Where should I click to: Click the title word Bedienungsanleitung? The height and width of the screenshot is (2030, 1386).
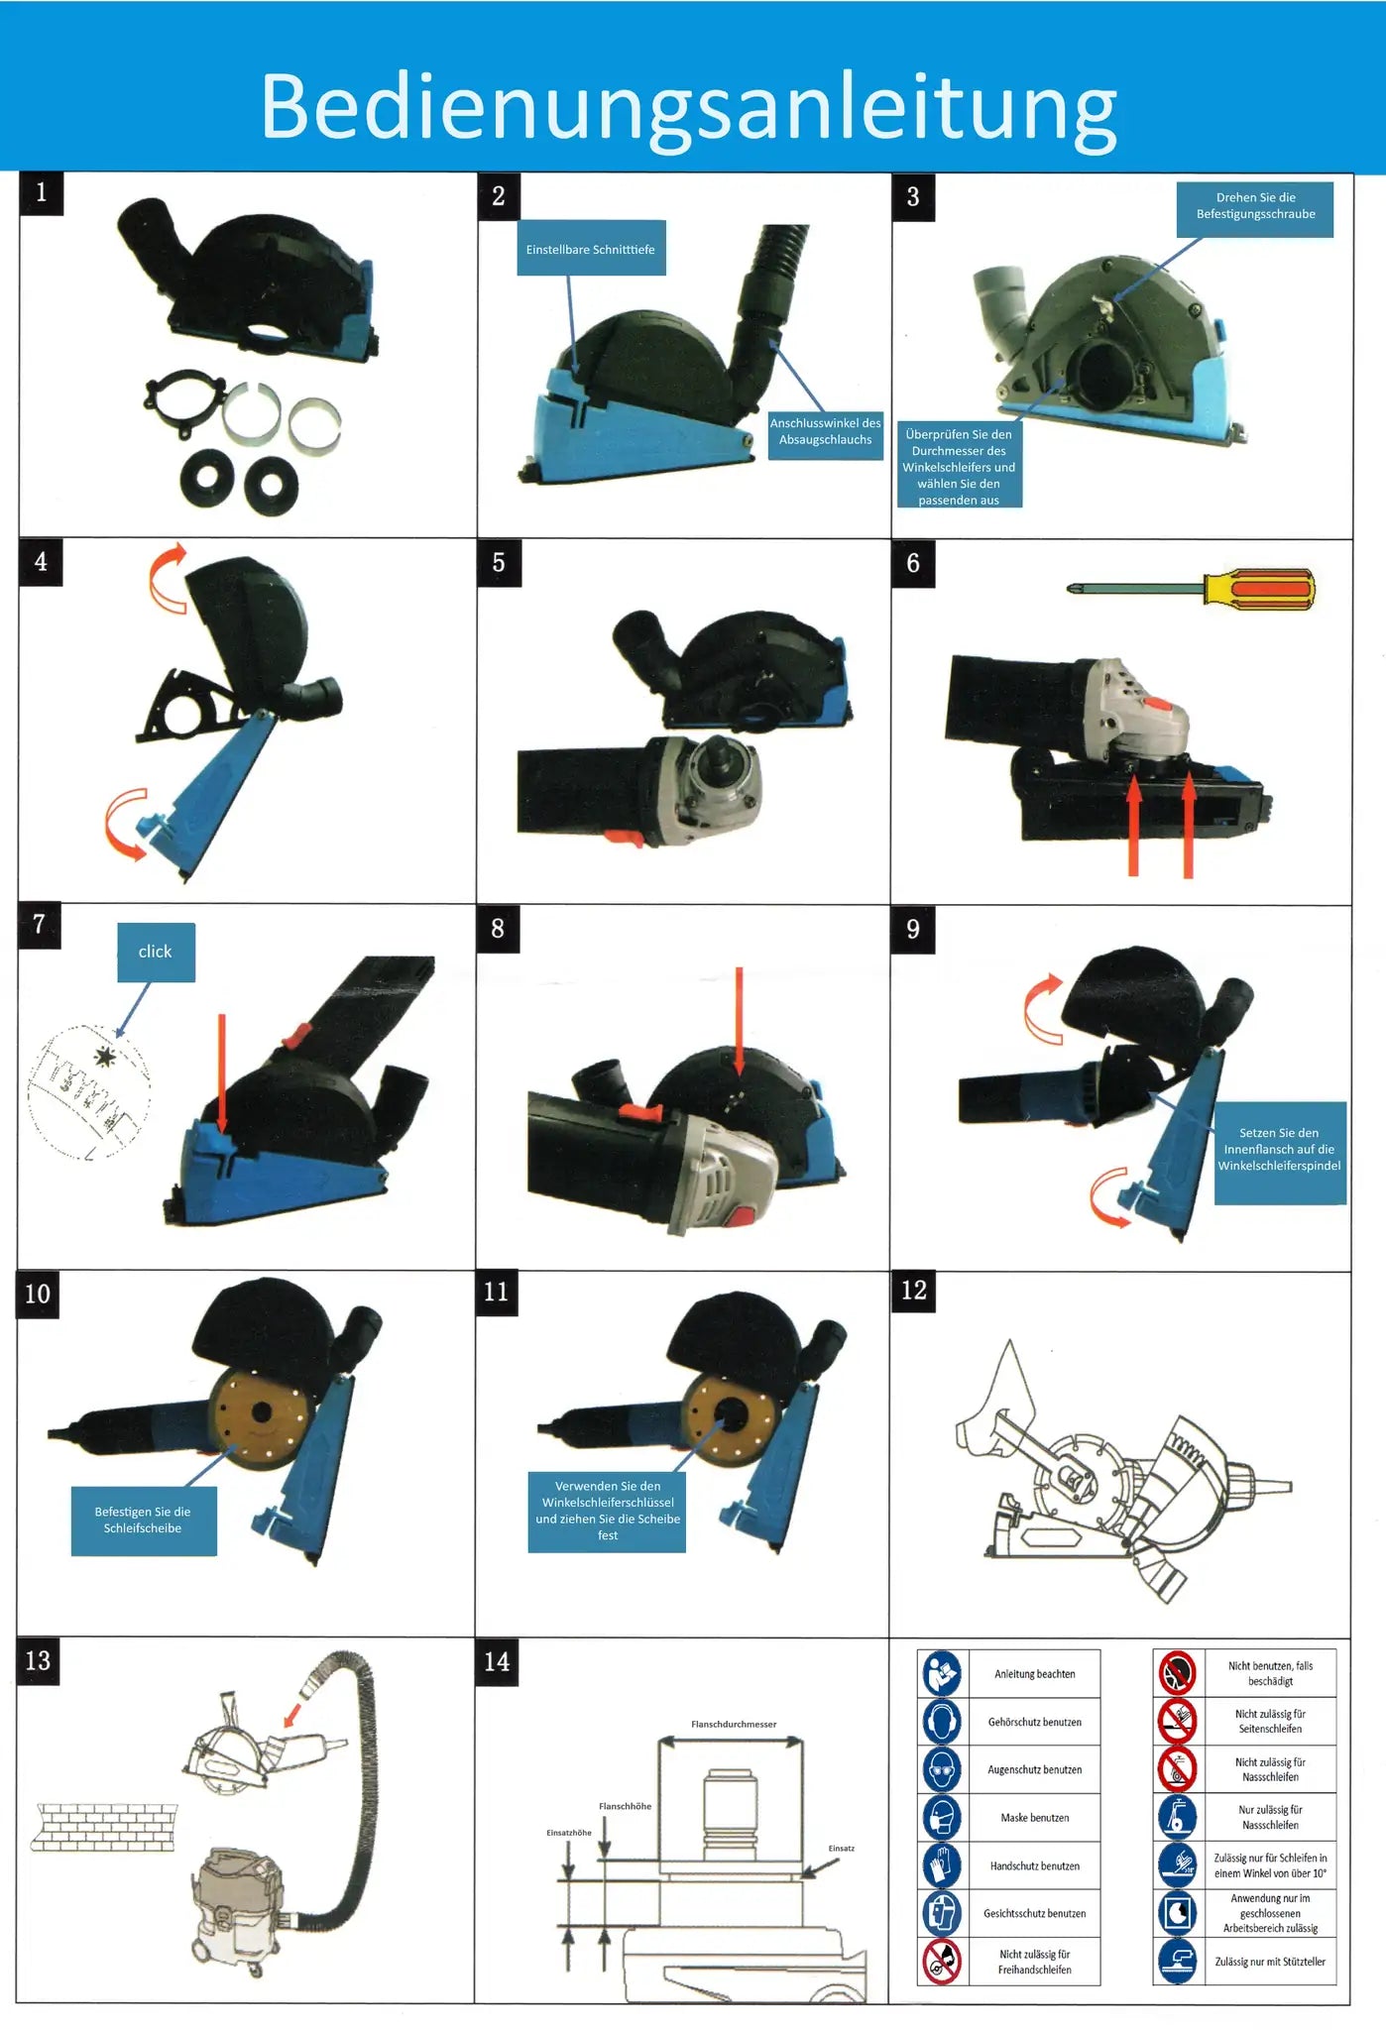click(x=688, y=106)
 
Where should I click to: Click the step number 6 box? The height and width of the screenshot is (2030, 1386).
click(x=912, y=563)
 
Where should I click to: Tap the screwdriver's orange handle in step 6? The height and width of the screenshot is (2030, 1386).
click(x=1259, y=588)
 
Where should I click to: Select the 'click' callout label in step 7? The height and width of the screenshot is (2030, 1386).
click(x=156, y=952)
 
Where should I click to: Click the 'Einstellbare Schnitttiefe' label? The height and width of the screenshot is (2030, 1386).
click(x=590, y=249)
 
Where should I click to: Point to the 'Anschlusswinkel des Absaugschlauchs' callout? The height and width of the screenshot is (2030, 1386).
click(x=825, y=431)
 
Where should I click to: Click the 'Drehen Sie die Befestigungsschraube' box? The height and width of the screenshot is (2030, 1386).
click(x=1254, y=206)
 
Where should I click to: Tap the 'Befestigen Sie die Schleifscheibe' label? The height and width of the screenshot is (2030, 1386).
click(x=143, y=1520)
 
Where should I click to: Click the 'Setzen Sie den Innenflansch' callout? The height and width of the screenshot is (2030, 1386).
click(x=1279, y=1150)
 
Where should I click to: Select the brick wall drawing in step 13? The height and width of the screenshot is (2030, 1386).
click(x=104, y=1827)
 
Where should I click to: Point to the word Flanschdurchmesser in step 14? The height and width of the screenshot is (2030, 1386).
click(x=734, y=1724)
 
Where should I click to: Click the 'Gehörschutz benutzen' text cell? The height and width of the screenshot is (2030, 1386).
click(x=1034, y=1722)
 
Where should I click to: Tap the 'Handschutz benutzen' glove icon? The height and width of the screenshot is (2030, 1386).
click(x=942, y=1865)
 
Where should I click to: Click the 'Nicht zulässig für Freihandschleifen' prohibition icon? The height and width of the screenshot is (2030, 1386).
click(x=942, y=1961)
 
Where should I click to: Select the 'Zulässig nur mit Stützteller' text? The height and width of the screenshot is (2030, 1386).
click(x=1269, y=1962)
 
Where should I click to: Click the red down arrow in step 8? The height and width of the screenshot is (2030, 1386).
click(x=739, y=1021)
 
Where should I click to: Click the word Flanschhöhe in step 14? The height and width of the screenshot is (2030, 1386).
click(x=625, y=1806)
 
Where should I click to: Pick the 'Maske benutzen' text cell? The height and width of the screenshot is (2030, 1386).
click(x=1034, y=1818)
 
